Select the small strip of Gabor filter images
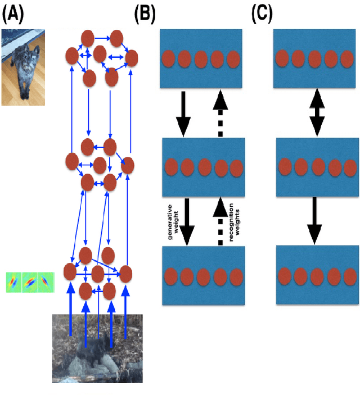tap(29, 282)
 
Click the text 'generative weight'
tap(169, 221)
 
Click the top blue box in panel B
tap(201, 58)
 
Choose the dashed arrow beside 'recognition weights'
tap(219, 221)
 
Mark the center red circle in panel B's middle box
tap(204, 167)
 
